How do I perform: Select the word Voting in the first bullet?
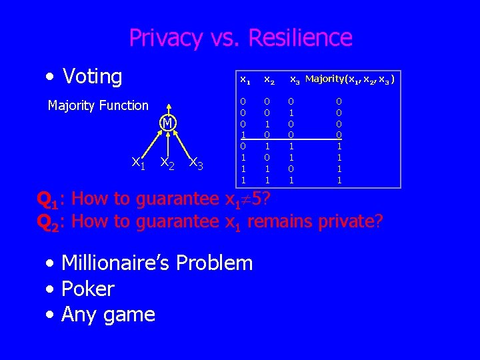tap(92, 77)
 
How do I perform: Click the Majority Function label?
tap(98, 105)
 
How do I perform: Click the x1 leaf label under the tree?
tap(139, 161)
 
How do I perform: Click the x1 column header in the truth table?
tap(245, 80)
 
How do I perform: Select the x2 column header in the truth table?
tap(269, 80)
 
